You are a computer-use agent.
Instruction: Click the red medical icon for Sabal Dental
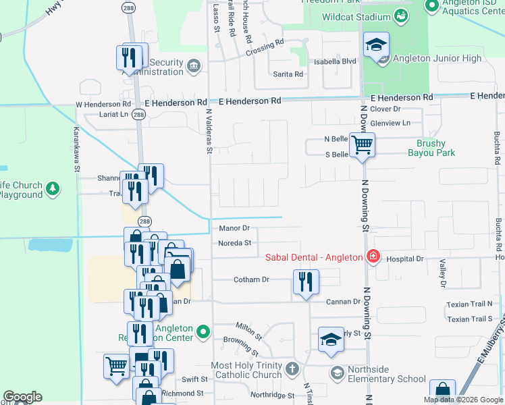pos(371,257)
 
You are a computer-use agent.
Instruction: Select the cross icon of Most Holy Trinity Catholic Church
pos(292,369)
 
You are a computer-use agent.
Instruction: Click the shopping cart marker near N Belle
pos(363,144)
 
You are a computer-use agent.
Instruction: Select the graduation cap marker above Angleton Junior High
pos(377,46)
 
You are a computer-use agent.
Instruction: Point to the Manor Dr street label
pos(234,229)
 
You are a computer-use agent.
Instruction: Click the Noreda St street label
pos(234,243)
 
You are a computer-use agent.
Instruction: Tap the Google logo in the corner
pos(22,397)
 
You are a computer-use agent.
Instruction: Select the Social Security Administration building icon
pos(194,65)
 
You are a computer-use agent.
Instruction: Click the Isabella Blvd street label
pos(334,61)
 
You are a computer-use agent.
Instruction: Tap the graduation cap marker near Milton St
pos(331,340)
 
